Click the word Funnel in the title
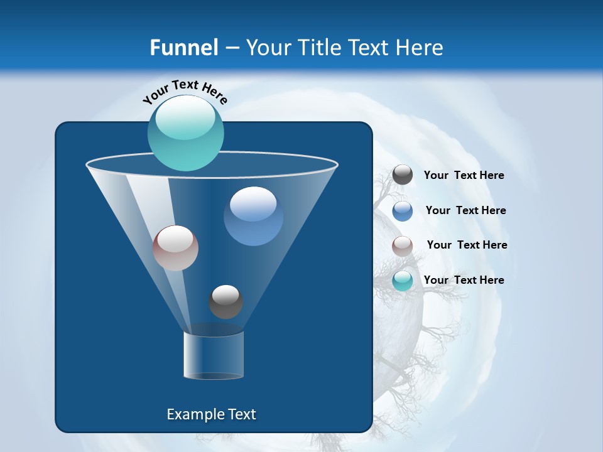[184, 48]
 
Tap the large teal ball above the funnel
[186, 133]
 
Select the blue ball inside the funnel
[253, 217]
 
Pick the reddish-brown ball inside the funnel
[175, 248]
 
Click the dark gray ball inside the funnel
[225, 302]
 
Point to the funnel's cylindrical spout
[213, 355]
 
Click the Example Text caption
[211, 414]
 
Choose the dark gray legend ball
[403, 175]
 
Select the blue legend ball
[403, 211]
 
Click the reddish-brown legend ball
[403, 246]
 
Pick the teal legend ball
[403, 281]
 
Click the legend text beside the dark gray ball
[464, 176]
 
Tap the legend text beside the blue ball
[465, 211]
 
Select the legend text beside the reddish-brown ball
[467, 245]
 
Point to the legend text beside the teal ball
[464, 280]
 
